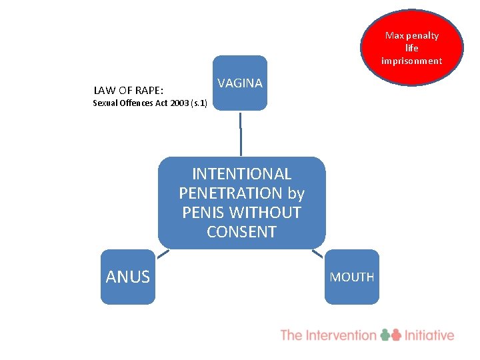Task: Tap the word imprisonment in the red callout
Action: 411,61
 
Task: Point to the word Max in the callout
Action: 393,35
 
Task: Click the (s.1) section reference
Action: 199,103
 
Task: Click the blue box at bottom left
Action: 127,277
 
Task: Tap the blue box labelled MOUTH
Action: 352,277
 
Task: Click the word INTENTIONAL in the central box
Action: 241,174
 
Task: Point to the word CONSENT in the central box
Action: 241,232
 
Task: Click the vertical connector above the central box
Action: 241,133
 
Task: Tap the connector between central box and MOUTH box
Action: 317,253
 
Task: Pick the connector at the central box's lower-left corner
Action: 163,253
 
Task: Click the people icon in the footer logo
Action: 391,335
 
